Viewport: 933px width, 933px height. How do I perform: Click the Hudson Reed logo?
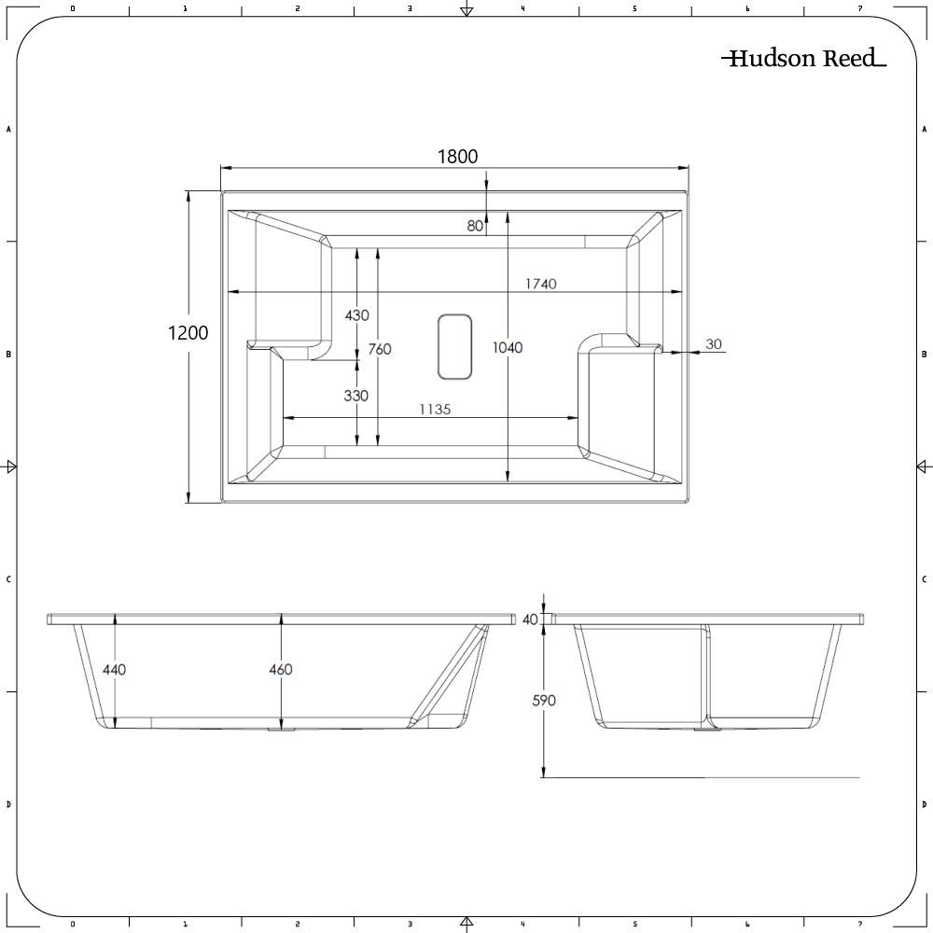(803, 59)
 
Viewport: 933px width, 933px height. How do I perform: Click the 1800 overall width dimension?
(457, 156)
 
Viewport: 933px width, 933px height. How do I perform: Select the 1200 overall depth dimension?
(188, 332)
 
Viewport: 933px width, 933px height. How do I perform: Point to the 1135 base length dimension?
(434, 409)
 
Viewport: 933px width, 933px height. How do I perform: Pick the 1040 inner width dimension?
(508, 347)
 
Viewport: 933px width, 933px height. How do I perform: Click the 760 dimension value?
(380, 349)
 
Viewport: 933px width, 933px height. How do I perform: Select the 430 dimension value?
(356, 315)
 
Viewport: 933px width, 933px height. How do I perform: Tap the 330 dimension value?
(355, 396)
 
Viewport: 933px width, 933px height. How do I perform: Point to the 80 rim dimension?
(475, 225)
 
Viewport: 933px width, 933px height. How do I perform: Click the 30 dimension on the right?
(714, 344)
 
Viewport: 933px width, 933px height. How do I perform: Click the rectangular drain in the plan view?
(454, 346)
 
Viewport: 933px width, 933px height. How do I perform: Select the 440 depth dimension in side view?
(114, 669)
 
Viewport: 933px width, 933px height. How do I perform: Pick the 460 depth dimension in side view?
(280, 669)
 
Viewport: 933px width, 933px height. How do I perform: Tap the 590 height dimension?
(543, 700)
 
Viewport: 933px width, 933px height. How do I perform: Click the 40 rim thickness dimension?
(531, 619)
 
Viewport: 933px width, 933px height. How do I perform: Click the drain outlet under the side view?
(277, 730)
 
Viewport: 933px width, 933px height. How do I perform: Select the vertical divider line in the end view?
(706, 672)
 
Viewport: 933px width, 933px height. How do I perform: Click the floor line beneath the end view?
(700, 777)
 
